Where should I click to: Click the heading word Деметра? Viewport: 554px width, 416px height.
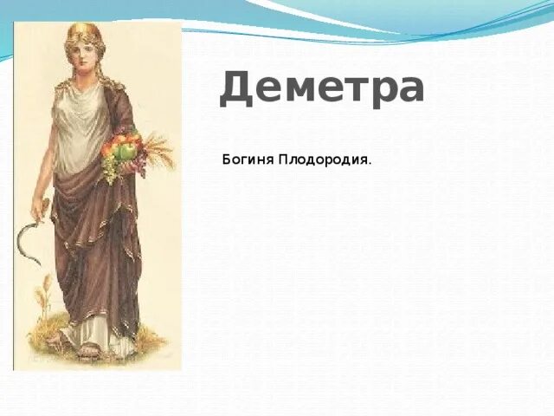click(x=321, y=88)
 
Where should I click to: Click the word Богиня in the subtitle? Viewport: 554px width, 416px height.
click(x=248, y=159)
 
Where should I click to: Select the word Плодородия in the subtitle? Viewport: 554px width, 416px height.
click(x=323, y=159)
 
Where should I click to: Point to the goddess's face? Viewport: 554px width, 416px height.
click(x=83, y=53)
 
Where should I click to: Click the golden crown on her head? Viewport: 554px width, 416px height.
click(x=85, y=31)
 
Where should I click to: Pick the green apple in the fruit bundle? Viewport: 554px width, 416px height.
click(x=126, y=153)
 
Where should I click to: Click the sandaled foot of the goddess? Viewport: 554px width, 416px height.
click(x=89, y=351)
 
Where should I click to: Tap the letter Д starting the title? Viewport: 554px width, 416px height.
click(x=236, y=89)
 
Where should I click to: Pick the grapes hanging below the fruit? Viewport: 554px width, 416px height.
click(x=109, y=171)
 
